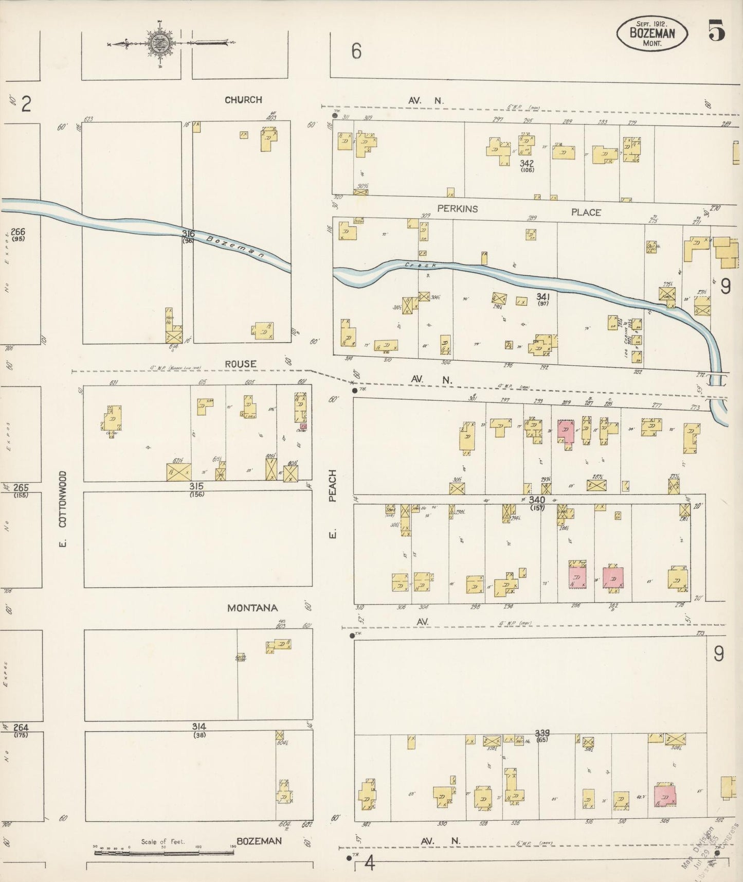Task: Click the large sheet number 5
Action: click(716, 31)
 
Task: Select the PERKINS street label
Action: click(457, 209)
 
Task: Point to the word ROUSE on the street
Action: click(240, 364)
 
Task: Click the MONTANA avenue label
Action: click(252, 608)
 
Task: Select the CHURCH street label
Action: click(243, 100)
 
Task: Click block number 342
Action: click(527, 163)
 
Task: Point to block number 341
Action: click(543, 296)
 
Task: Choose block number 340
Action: click(537, 500)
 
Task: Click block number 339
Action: click(542, 733)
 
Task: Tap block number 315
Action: click(196, 486)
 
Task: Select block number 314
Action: click(199, 727)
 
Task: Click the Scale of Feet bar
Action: click(164, 853)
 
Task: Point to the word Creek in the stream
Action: click(420, 265)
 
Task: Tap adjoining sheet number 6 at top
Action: click(356, 51)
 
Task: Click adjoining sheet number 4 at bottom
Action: click(369, 863)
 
